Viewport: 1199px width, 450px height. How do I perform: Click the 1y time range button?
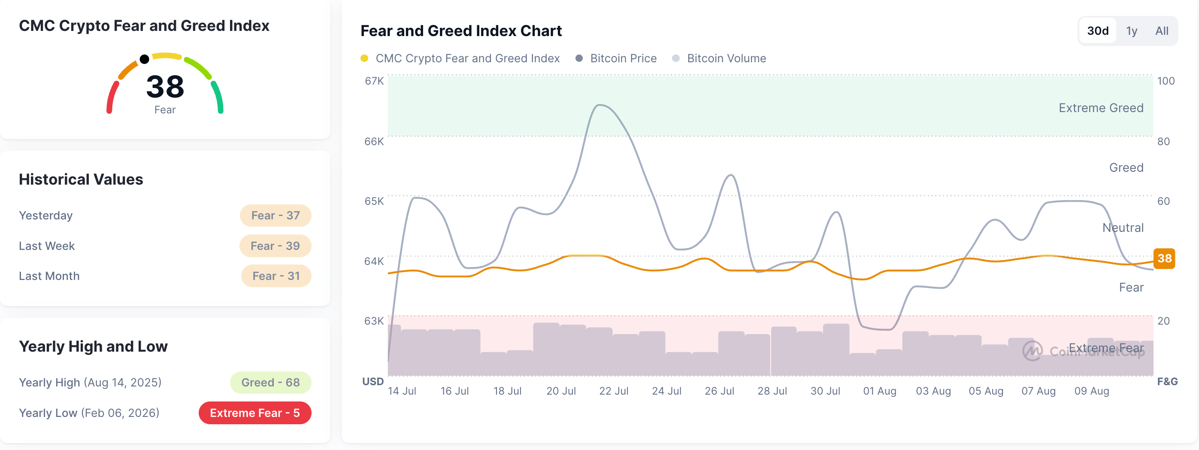tap(1132, 31)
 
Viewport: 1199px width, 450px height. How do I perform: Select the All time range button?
tap(1162, 31)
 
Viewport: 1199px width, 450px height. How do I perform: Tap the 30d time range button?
tap(1098, 31)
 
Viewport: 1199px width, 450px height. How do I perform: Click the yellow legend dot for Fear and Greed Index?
tap(364, 58)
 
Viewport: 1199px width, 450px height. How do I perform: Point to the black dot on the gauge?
tap(144, 59)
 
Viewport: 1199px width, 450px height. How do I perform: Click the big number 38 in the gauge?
tap(165, 87)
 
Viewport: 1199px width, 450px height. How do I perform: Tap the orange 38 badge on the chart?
tap(1164, 258)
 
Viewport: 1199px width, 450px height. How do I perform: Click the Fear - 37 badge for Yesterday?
tap(276, 216)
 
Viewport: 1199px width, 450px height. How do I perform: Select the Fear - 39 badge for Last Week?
tap(275, 246)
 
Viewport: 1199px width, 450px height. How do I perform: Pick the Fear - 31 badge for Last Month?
tap(276, 276)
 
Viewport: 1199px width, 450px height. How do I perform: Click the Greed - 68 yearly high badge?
tap(270, 383)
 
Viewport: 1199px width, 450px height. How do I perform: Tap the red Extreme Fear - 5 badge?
tap(254, 413)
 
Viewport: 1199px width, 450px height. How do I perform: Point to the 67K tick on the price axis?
tap(374, 81)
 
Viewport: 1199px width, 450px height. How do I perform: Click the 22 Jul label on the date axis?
tap(614, 391)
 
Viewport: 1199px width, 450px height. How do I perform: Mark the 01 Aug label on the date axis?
tap(880, 391)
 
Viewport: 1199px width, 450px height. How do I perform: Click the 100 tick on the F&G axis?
tap(1166, 81)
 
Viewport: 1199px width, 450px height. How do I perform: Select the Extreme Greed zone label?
tap(1101, 108)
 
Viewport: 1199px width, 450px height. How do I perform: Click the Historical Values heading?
tap(81, 179)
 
